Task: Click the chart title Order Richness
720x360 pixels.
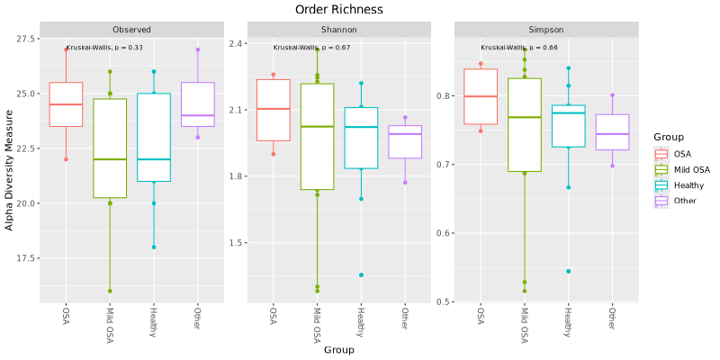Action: click(338, 9)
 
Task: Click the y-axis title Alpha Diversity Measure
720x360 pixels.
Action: click(10, 170)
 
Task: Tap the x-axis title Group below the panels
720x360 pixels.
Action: click(338, 349)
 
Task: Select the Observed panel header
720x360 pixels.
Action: click(131, 29)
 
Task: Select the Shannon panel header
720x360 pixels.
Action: click(338, 29)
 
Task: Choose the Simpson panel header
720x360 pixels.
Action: click(545, 29)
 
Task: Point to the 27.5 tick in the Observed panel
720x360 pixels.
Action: click(26, 40)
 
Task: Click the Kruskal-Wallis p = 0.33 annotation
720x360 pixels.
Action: click(104, 48)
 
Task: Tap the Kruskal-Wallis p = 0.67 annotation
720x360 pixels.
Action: click(311, 48)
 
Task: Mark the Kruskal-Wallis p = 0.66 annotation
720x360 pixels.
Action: click(518, 48)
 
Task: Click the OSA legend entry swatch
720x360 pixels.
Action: click(661, 153)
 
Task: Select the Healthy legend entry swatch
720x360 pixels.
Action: click(661, 184)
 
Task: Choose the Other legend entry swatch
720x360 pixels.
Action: click(661, 201)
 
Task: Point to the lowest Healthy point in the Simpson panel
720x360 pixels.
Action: click(568, 271)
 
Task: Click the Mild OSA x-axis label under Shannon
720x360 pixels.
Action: click(318, 324)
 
